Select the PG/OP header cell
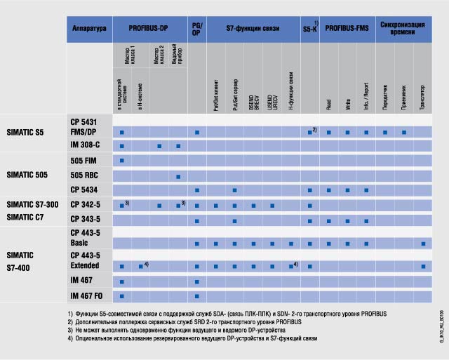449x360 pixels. [x=197, y=29]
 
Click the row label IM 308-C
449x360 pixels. [x=86, y=146]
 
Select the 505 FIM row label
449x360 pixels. [x=83, y=161]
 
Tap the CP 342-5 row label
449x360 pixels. [x=86, y=204]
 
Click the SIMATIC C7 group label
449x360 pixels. [x=27, y=218]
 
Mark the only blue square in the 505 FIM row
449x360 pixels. [x=122, y=161]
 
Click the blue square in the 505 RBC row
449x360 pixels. [x=178, y=175]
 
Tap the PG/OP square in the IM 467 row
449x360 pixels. [x=197, y=281]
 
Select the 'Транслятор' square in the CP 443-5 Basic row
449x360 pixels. [x=423, y=244]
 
